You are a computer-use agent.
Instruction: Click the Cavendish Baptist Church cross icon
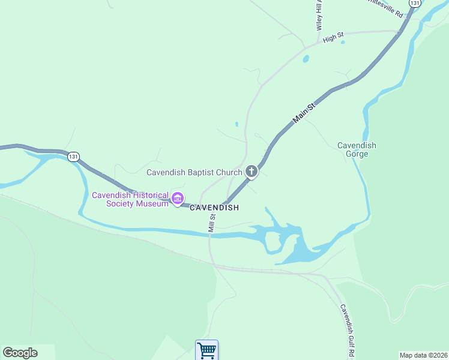(x=252, y=172)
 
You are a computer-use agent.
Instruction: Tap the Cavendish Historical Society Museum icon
(x=178, y=198)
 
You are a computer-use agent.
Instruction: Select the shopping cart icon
(x=206, y=349)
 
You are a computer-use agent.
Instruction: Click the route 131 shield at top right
(x=415, y=4)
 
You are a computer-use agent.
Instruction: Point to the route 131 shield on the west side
(x=73, y=156)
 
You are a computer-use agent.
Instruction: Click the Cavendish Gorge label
(x=357, y=149)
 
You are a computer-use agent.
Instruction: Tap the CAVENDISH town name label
(x=214, y=208)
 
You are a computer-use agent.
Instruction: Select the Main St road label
(x=304, y=113)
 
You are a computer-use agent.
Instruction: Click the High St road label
(x=333, y=38)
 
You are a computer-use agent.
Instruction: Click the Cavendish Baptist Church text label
(x=194, y=172)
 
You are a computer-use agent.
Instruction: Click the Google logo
(x=20, y=353)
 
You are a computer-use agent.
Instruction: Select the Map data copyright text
(x=424, y=355)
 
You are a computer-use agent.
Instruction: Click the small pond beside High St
(x=306, y=59)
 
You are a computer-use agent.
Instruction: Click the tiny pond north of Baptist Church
(x=237, y=125)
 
